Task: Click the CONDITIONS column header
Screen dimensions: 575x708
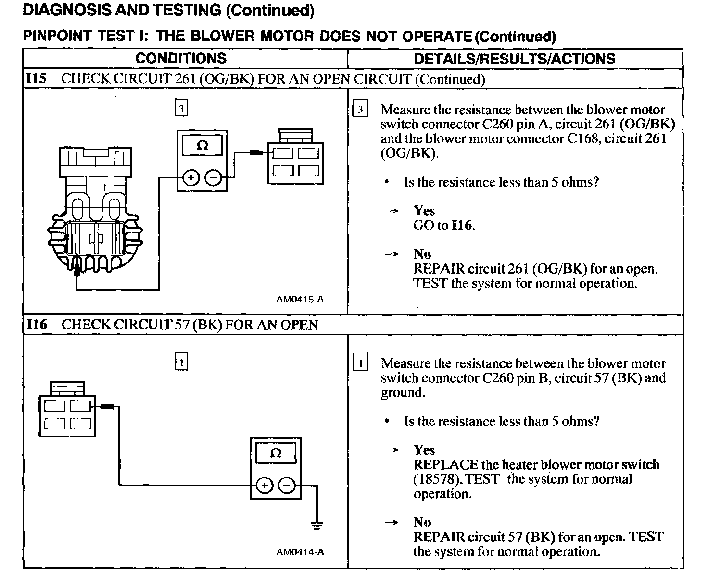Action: click(x=181, y=58)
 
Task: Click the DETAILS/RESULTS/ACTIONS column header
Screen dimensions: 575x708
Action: click(x=514, y=59)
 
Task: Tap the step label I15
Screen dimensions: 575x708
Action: click(x=36, y=78)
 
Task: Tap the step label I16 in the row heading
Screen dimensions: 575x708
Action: click(x=36, y=325)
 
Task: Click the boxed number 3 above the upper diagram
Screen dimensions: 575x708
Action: click(x=181, y=108)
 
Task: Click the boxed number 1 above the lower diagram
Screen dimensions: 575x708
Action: click(x=181, y=362)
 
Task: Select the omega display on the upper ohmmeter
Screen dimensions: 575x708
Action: click(x=202, y=145)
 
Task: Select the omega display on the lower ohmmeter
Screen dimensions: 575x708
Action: click(x=276, y=453)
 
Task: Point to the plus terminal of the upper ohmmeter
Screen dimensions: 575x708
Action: click(x=190, y=178)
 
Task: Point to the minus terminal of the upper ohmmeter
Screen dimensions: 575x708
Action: click(x=213, y=178)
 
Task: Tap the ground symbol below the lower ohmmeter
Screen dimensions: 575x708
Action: click(x=316, y=525)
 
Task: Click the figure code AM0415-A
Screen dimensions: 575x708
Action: click(x=300, y=299)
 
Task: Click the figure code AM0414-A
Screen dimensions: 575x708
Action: click(x=300, y=552)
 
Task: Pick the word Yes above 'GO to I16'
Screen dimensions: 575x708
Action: click(x=424, y=211)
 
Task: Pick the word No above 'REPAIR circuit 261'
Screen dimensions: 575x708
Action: click(x=422, y=254)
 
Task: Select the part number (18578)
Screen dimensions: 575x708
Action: click(x=438, y=479)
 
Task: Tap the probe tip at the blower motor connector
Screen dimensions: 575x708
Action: click(x=76, y=273)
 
